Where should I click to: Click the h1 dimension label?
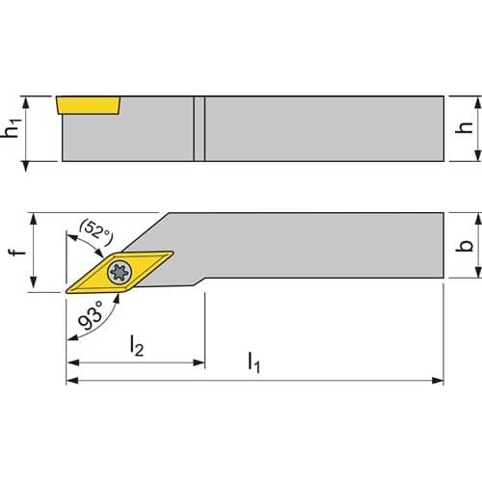(12, 127)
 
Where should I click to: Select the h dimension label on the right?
(465, 127)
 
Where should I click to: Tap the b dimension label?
(465, 246)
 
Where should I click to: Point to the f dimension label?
(17, 249)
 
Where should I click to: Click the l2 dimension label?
(137, 345)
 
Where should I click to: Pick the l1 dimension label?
(254, 362)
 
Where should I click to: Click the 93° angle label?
(91, 315)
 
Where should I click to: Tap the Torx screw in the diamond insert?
(120, 273)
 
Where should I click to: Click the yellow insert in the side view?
(88, 105)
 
